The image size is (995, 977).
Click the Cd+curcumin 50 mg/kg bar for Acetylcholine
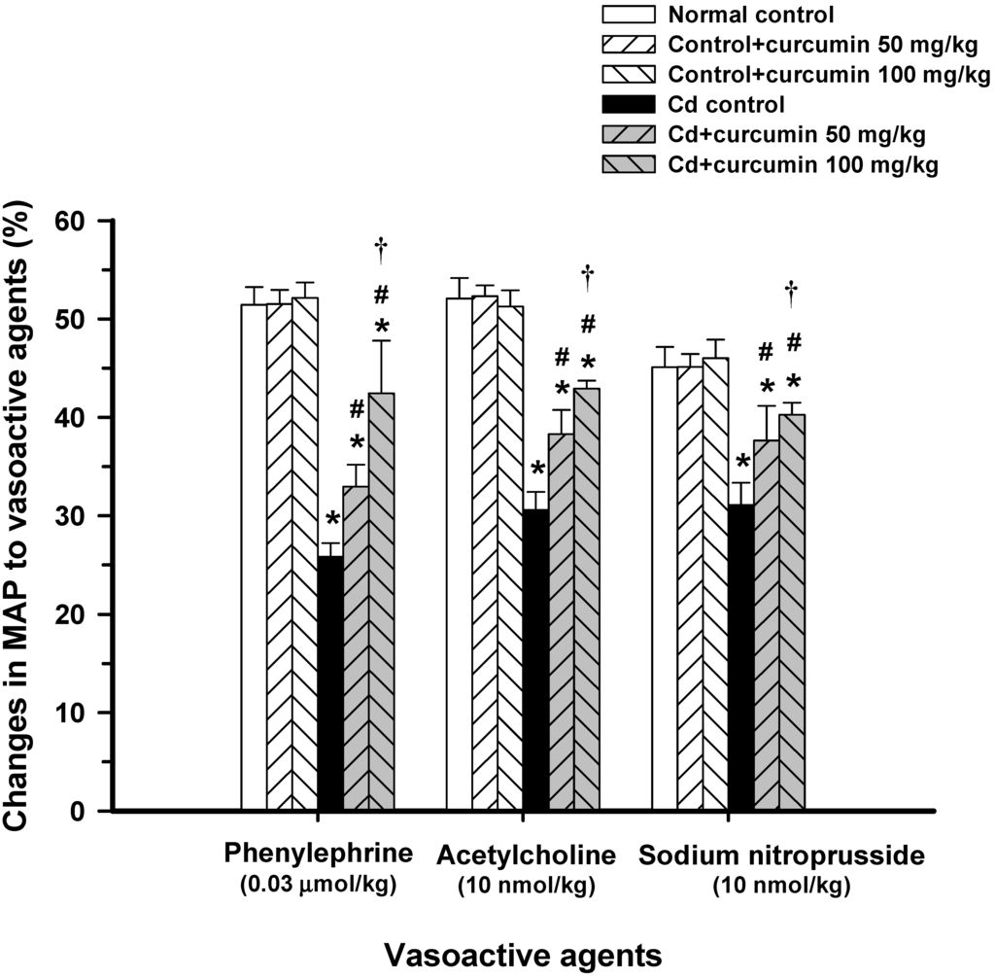point(561,622)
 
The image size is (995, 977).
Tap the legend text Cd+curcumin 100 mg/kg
point(804,165)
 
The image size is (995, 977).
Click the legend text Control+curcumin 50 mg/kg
point(830,45)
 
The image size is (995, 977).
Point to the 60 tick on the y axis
point(109,222)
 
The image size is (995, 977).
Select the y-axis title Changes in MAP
point(18,515)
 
